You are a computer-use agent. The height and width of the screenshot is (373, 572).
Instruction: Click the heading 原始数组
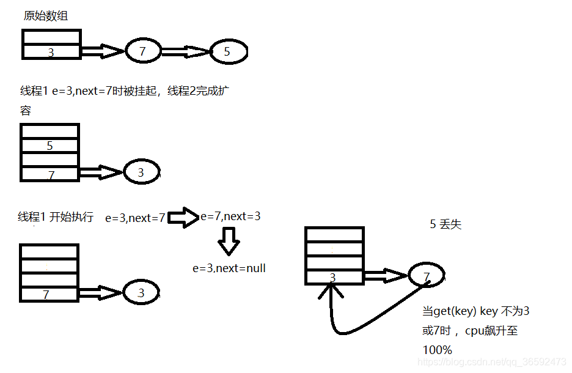coord(46,17)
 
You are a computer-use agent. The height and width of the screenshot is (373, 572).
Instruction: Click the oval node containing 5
coord(228,52)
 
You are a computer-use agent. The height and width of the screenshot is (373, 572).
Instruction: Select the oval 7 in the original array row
coord(143,51)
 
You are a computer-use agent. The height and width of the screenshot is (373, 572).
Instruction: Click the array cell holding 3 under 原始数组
coord(51,53)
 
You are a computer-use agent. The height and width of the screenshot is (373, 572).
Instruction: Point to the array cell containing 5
coord(50,146)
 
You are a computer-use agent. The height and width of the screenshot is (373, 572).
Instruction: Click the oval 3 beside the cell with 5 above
coord(141,172)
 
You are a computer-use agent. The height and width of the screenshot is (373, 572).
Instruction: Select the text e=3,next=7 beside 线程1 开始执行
coord(135,218)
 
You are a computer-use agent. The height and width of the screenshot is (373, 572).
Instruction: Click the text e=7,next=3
coord(230,216)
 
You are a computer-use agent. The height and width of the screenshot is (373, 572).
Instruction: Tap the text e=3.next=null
coord(229,268)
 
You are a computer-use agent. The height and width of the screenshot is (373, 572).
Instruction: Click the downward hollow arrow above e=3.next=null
coord(229,242)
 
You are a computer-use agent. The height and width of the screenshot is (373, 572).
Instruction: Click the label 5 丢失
coord(446,224)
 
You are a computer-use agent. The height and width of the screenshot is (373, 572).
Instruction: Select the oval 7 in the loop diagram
coord(427,277)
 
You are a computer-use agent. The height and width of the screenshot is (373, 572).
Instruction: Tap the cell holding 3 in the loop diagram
coord(334,278)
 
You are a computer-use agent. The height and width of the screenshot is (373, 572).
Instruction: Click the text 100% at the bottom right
coord(438,350)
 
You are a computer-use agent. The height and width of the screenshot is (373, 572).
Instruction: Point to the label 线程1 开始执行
coord(56,217)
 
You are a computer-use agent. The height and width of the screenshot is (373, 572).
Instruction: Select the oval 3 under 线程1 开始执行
coord(141,293)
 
